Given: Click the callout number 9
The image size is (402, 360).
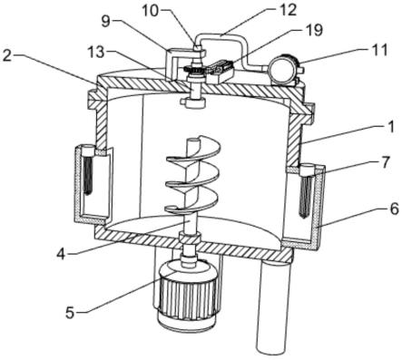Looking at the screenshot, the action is [x=105, y=22].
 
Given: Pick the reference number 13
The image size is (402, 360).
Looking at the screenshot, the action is [x=96, y=53].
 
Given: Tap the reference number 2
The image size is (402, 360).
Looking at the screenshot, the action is [x=7, y=56].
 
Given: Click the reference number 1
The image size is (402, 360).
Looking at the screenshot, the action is [x=391, y=127].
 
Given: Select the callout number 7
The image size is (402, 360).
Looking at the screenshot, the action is [x=386, y=162].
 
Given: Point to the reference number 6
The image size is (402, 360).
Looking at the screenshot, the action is [x=394, y=209].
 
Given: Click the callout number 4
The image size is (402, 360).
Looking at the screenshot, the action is [x=61, y=254].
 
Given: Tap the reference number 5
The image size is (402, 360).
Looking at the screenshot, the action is [x=70, y=313].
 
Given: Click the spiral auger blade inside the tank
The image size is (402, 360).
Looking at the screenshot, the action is [x=192, y=176].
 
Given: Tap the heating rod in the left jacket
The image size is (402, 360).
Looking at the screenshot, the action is [x=88, y=172].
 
